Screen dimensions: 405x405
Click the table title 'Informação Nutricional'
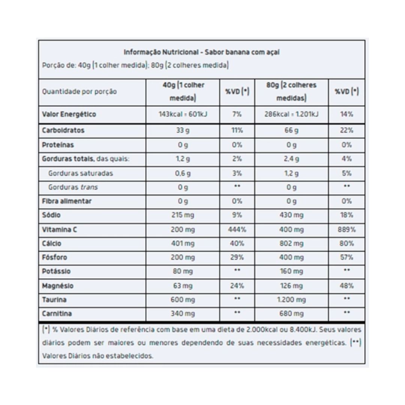[x=161, y=52]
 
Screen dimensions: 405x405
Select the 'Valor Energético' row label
[x=69, y=114]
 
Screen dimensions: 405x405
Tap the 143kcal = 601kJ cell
[x=183, y=114]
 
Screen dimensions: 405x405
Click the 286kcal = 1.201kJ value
[x=291, y=114]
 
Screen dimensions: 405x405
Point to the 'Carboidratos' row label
[x=63, y=130]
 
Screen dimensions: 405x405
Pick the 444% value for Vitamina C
[x=237, y=229]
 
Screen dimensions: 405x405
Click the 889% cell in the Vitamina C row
[x=346, y=229]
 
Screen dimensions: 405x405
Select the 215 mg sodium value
[x=183, y=215]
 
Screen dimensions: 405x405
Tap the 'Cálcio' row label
[x=52, y=244]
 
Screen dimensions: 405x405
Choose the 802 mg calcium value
[x=291, y=244]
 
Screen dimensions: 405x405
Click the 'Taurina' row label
[x=54, y=300]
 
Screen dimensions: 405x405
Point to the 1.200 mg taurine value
[x=291, y=300]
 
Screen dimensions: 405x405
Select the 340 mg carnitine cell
[x=183, y=313]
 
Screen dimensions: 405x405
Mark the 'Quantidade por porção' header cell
[x=79, y=91]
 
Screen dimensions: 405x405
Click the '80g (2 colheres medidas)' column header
[x=291, y=91]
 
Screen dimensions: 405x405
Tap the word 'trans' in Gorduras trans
[x=90, y=187]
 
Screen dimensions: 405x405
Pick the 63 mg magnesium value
[x=183, y=286]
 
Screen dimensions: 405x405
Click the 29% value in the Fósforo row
[x=237, y=258]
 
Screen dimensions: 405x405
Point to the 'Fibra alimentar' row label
[x=66, y=201]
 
